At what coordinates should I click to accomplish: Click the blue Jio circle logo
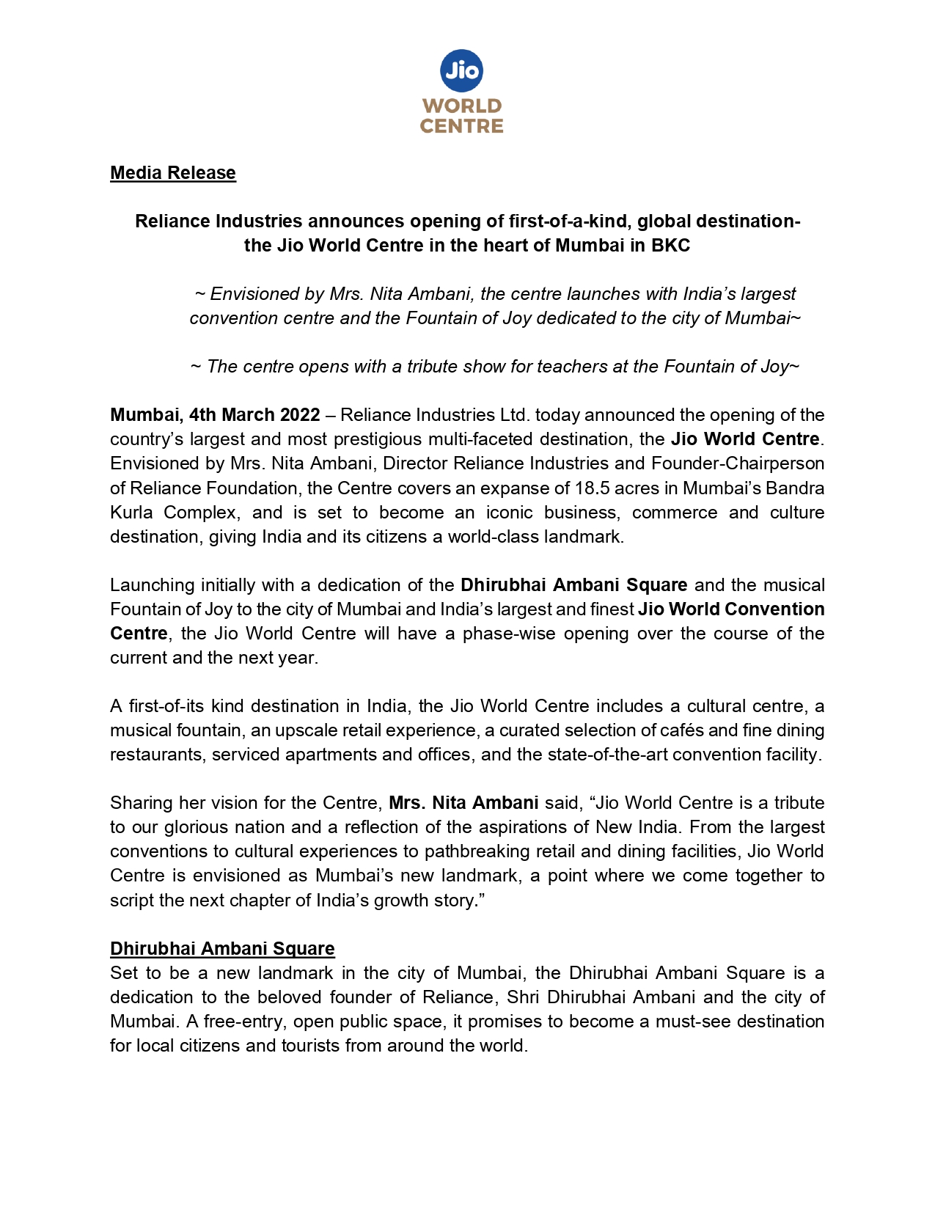click(461, 71)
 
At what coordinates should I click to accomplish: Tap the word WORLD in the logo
click(462, 106)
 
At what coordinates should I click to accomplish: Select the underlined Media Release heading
click(173, 173)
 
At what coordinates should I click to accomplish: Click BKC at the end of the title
click(671, 245)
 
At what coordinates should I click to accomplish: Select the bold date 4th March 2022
click(254, 415)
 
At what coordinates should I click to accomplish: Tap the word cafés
click(672, 730)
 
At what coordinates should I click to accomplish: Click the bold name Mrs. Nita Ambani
click(463, 803)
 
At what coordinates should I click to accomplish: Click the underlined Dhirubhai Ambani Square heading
click(222, 949)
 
